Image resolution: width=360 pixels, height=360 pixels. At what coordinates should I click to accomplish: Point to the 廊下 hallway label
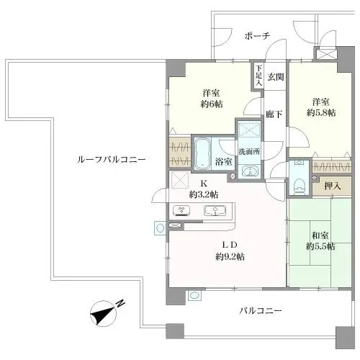pos(273,114)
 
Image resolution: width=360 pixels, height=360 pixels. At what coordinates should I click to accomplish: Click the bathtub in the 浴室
pos(202,153)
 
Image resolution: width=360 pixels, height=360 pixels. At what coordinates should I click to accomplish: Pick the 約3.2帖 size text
pos(204,194)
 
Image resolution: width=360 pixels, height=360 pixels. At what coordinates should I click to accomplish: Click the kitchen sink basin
pos(215,211)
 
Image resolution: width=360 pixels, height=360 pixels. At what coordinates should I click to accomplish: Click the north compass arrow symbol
pos(105,312)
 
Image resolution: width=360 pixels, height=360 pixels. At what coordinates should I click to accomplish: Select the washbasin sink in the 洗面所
pos(249,171)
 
